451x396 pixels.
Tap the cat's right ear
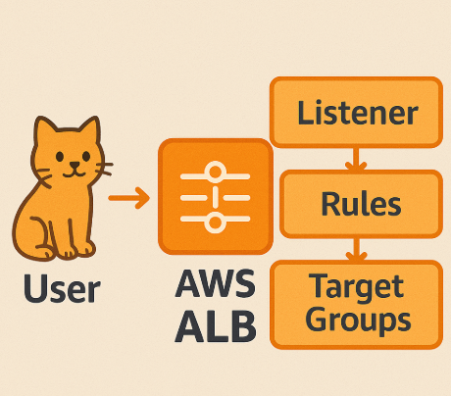[x=91, y=130]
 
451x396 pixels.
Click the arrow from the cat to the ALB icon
[x=128, y=200]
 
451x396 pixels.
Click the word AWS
[x=216, y=285]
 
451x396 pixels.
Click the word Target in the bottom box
[x=357, y=287]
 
